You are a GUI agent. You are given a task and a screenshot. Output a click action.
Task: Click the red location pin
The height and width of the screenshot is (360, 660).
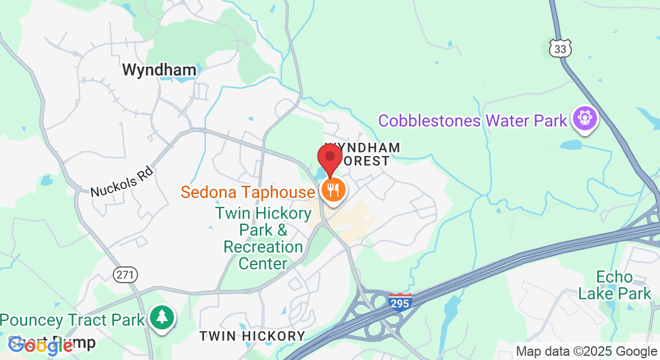point(330,158)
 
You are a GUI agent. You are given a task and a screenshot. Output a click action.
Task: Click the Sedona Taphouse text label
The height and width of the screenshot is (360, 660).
point(248,192)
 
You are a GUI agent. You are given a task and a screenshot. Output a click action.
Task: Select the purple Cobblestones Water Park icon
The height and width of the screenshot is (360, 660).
point(584,118)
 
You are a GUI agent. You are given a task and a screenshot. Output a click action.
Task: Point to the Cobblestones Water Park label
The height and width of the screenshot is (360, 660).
point(472,121)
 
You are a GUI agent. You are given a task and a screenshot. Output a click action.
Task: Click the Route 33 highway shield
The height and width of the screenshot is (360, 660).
point(560,49)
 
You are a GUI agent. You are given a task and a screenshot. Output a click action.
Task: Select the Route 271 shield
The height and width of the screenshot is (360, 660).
point(125,275)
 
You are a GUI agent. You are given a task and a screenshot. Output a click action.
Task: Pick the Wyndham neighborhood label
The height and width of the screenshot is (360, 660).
point(159,70)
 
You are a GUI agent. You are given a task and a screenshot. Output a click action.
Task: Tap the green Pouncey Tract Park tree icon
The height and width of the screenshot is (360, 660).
point(161,317)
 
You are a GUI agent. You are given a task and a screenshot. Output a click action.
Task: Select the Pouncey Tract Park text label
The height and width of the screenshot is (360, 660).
point(73,319)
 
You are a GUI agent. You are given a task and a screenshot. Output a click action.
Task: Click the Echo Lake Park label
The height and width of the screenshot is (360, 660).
point(614,285)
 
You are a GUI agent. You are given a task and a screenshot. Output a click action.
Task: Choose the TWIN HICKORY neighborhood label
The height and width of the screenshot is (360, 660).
point(252,336)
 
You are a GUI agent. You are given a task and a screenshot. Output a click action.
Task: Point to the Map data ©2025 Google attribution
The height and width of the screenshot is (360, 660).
point(586,352)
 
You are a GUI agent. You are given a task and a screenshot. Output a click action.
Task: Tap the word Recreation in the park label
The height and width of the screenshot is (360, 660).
point(263,247)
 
